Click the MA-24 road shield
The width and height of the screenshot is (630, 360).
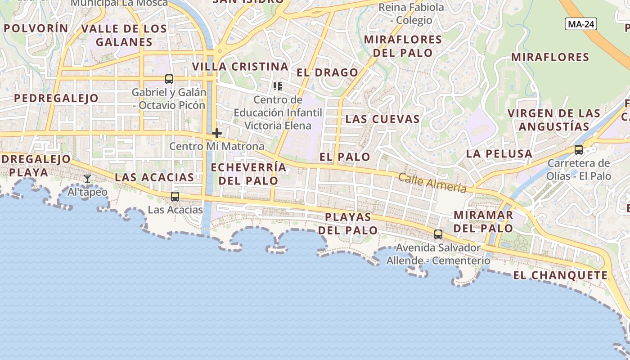[x=581, y=24]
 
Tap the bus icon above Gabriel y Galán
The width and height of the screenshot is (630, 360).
[x=169, y=79]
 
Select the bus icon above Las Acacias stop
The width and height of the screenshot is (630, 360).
[x=175, y=197]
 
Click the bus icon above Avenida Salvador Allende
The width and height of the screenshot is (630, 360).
[x=438, y=234]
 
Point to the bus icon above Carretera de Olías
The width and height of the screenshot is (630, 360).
[x=579, y=150]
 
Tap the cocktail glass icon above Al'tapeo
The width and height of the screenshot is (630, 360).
[x=87, y=179]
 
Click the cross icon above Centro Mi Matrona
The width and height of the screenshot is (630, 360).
[x=216, y=133]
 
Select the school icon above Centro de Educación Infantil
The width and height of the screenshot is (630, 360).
[x=278, y=86]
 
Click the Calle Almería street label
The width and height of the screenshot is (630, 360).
[x=432, y=182]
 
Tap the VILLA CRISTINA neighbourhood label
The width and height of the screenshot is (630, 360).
[x=240, y=67]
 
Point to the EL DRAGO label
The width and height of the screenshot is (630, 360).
[x=327, y=72]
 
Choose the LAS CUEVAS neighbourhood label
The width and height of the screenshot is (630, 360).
[x=382, y=119]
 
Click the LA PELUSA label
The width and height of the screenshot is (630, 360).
[x=499, y=154]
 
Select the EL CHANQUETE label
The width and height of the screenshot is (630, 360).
[x=560, y=275]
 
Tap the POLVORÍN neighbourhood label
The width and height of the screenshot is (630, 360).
[x=36, y=28]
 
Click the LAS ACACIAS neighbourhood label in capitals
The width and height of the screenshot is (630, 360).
[x=154, y=177]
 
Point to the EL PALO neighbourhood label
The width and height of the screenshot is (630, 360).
[x=345, y=157]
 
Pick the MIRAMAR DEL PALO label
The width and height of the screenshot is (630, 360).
[x=483, y=221]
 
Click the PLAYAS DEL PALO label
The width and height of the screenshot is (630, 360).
[x=348, y=224]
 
